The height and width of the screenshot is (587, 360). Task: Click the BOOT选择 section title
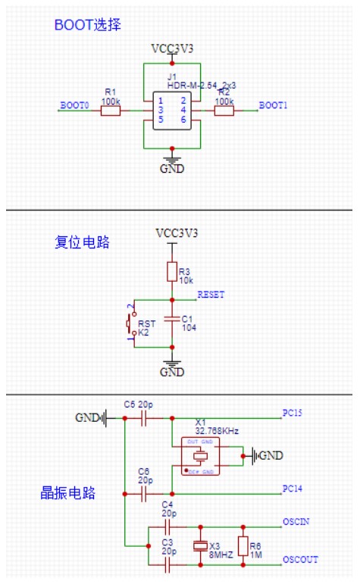click(x=87, y=25)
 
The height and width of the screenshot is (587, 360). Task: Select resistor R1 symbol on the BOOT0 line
click(x=111, y=111)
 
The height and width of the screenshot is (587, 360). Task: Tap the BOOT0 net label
click(x=74, y=105)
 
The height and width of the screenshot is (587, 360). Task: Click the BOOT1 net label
click(x=273, y=105)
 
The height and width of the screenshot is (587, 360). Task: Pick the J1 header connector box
click(x=172, y=111)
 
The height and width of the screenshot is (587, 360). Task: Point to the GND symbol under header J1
click(x=172, y=164)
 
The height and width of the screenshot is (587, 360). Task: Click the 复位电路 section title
click(x=83, y=242)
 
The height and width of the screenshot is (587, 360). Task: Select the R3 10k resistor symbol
click(x=172, y=272)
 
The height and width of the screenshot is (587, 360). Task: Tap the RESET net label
click(x=210, y=295)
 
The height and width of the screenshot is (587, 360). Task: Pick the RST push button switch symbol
click(x=130, y=323)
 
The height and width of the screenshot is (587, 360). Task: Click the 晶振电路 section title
click(x=68, y=493)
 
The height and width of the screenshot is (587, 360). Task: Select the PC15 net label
click(x=293, y=414)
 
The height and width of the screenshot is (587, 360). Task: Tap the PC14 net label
click(x=293, y=489)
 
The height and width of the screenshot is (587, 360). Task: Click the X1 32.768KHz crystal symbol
click(x=200, y=456)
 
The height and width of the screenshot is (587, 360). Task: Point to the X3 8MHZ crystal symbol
click(x=200, y=545)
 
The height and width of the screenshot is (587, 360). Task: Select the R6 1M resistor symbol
click(x=243, y=545)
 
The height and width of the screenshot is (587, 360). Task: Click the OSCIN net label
click(x=295, y=522)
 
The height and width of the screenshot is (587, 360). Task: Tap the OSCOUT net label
click(x=299, y=560)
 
